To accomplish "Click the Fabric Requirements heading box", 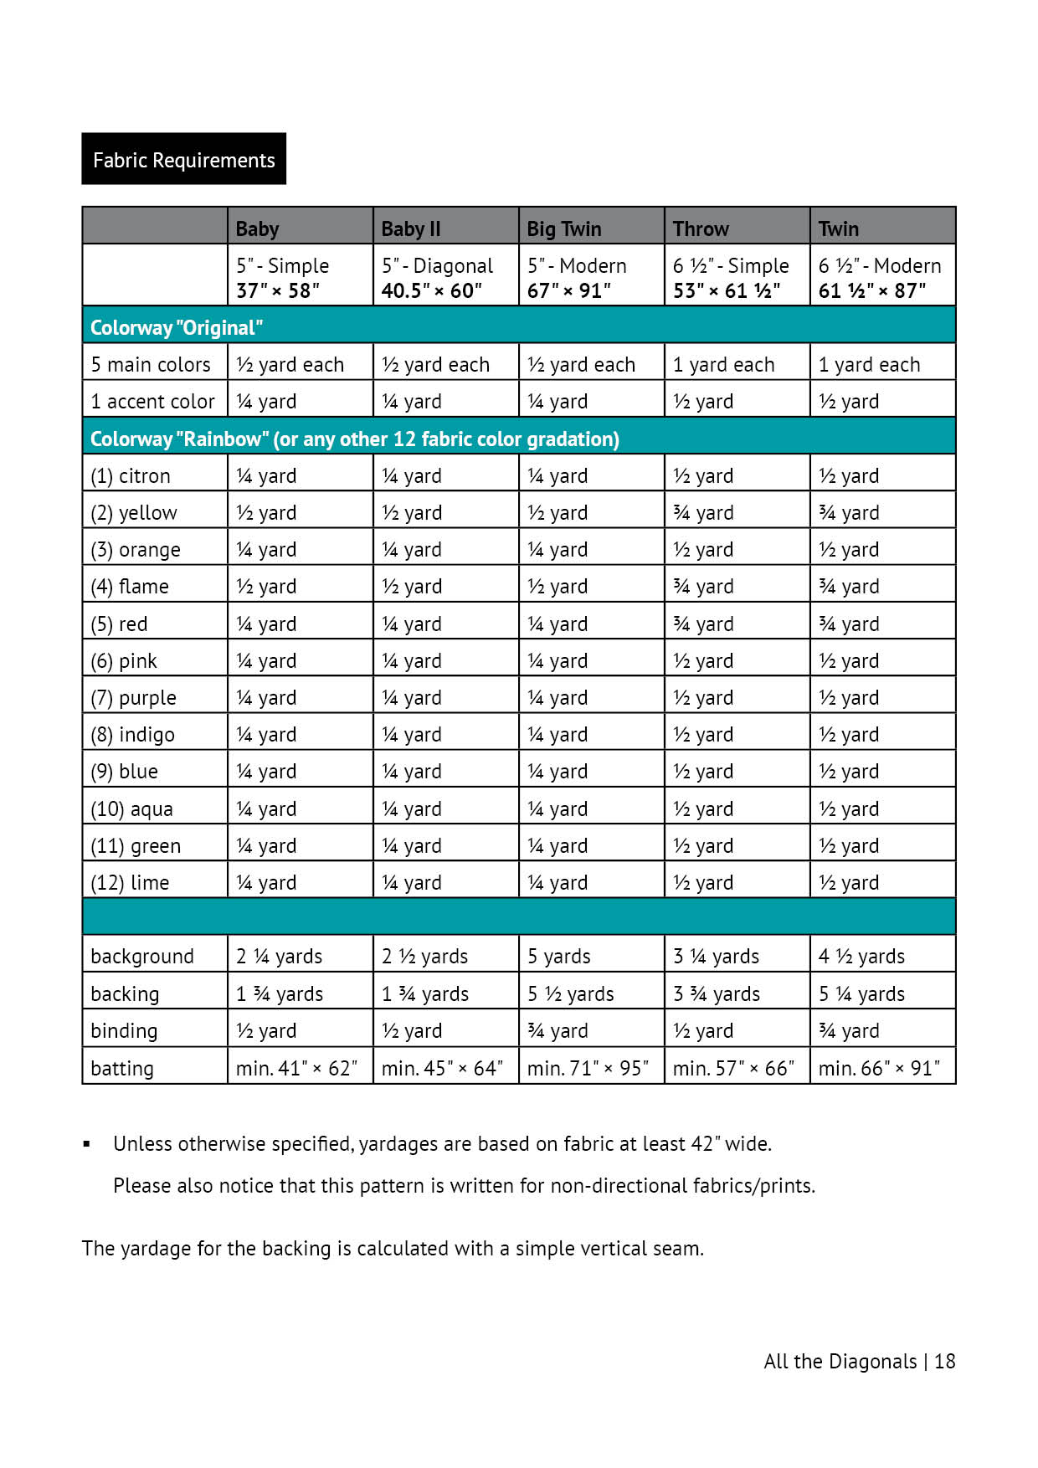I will tap(183, 159).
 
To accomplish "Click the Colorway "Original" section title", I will tap(177, 327).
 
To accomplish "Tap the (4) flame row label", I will tap(130, 587).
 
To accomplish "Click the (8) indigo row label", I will tap(132, 735).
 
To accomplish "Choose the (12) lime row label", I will tap(130, 883).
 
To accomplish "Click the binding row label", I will tap(124, 1031).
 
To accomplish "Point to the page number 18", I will tap(945, 1362).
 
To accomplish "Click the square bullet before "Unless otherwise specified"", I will tap(86, 1144).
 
